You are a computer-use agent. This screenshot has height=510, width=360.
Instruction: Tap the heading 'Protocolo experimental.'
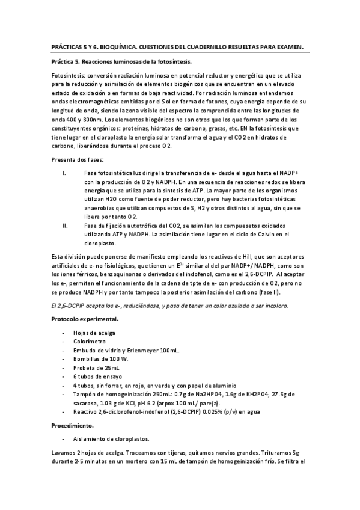pos(84,319)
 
